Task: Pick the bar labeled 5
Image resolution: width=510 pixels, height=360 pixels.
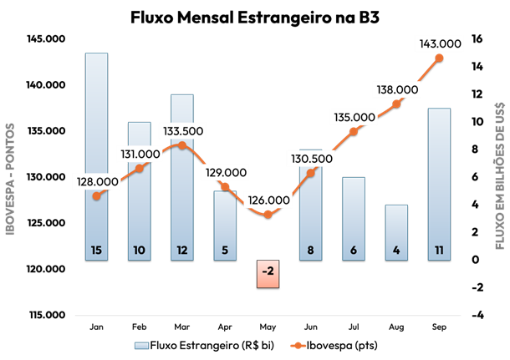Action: click(x=225, y=221)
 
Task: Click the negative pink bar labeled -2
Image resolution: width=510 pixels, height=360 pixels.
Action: click(x=268, y=273)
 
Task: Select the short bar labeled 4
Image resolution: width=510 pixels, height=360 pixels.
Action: click(x=396, y=230)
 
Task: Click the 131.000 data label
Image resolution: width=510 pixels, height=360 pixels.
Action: click(x=140, y=154)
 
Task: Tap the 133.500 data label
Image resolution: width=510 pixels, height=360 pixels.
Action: click(x=182, y=131)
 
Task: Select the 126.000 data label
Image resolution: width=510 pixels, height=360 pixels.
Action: click(x=268, y=200)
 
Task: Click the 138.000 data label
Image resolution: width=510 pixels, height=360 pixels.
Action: click(x=397, y=89)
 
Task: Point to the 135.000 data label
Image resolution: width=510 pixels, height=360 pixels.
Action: click(x=354, y=117)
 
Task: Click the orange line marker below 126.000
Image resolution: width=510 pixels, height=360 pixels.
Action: click(x=268, y=215)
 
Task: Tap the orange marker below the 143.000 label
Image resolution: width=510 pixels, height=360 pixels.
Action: click(x=440, y=58)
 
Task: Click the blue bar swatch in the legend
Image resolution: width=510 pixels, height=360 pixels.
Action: click(x=142, y=345)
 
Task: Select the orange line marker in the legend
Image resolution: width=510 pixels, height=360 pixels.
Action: click(x=298, y=345)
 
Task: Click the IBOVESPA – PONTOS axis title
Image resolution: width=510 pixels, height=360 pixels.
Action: click(x=11, y=179)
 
